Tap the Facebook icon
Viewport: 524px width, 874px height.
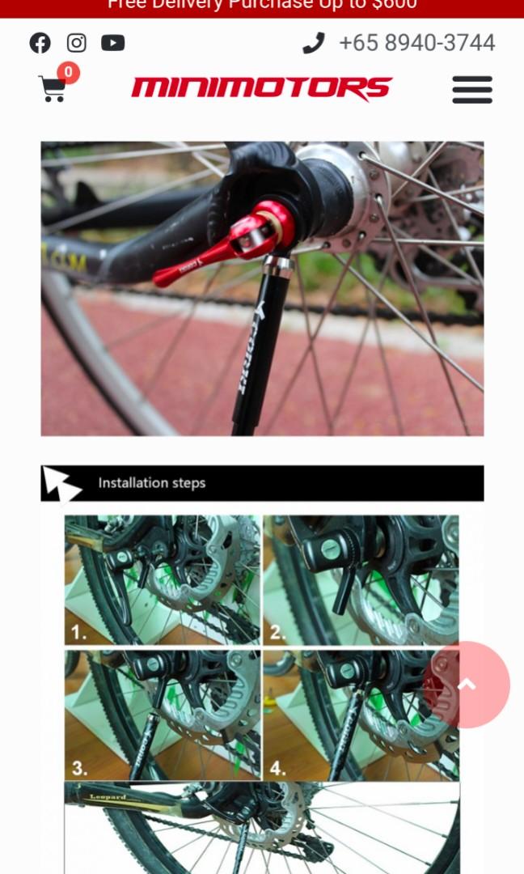[40, 43]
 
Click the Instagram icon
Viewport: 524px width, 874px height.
[76, 43]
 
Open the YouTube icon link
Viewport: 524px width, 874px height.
[112, 43]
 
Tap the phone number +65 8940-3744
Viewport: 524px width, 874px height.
[416, 43]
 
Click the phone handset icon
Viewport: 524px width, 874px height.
[313, 43]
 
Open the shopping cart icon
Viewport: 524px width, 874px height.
[52, 89]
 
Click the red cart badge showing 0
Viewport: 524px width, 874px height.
[68, 73]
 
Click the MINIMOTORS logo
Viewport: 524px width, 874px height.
[261, 88]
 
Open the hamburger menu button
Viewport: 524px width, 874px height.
[472, 89]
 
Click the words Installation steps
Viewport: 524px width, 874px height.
[152, 483]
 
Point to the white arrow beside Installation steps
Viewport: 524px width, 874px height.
[61, 483]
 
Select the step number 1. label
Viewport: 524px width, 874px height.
[78, 633]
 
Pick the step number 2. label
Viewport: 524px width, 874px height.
[277, 633]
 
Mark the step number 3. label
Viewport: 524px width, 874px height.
[79, 768]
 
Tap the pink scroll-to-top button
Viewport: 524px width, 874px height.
[467, 685]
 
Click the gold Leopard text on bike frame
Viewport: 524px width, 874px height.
[108, 797]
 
